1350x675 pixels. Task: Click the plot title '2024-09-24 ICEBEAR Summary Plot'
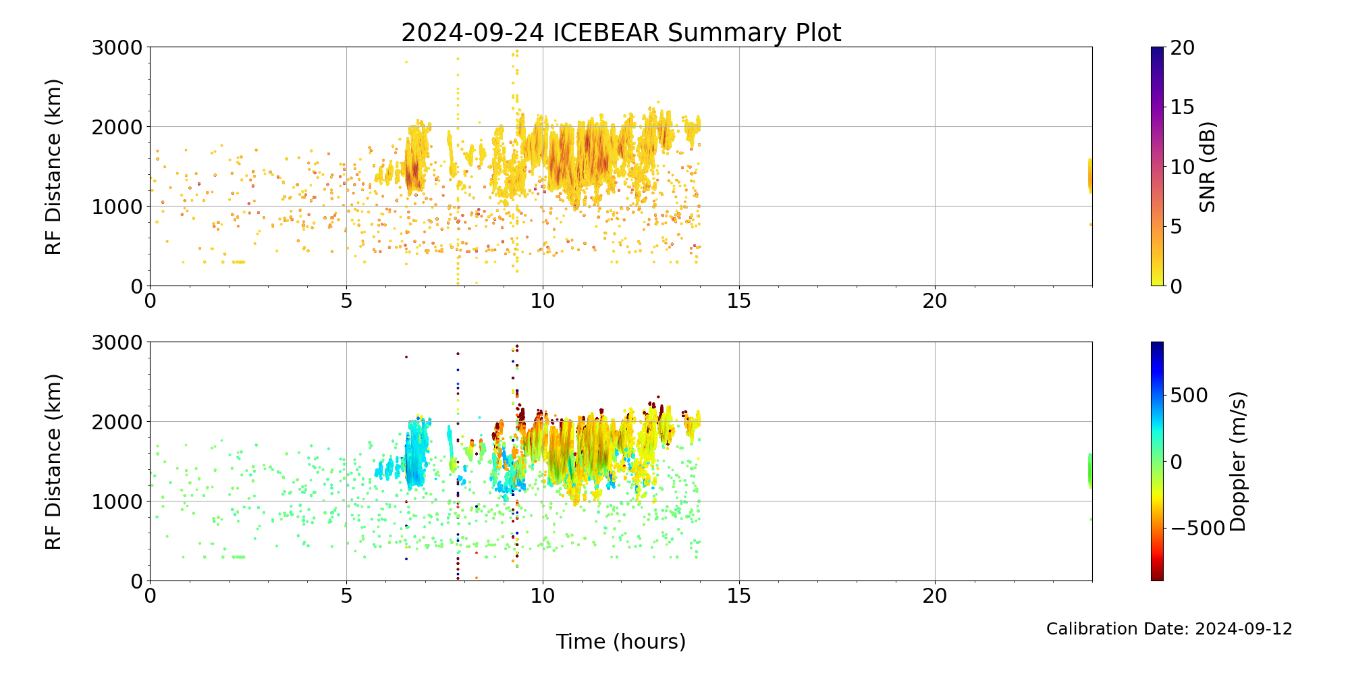pyautogui.click(x=621, y=32)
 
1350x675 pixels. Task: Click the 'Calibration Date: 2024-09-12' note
pyautogui.click(x=1169, y=629)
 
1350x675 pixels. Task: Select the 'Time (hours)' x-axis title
pyautogui.click(x=621, y=641)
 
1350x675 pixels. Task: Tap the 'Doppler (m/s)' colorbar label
pyautogui.click(x=1237, y=462)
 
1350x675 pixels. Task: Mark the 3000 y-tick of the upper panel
pyautogui.click(x=117, y=47)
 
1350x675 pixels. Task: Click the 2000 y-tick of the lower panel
pyautogui.click(x=117, y=422)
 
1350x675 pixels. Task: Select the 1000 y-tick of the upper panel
pyautogui.click(x=117, y=207)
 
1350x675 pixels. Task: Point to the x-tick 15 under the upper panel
pyautogui.click(x=739, y=301)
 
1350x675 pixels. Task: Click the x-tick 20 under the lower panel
pyautogui.click(x=935, y=596)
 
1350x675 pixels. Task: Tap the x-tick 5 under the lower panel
pyautogui.click(x=346, y=596)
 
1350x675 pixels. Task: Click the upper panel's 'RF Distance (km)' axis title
pyautogui.click(x=53, y=167)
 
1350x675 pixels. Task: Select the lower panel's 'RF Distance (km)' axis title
pyautogui.click(x=53, y=462)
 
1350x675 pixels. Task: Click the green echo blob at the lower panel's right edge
pyautogui.click(x=1089, y=470)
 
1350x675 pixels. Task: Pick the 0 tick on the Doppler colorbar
pyautogui.click(x=1176, y=462)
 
